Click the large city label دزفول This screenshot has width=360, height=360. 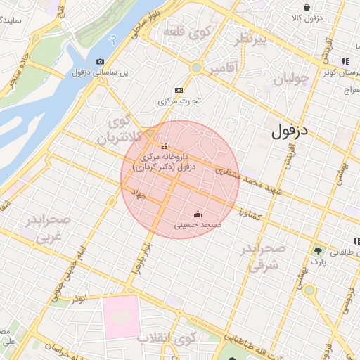click(x=290, y=130)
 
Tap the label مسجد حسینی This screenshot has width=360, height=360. click(x=198, y=224)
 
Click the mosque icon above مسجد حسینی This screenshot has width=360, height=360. click(x=198, y=214)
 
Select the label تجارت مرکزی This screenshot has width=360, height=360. click(x=179, y=101)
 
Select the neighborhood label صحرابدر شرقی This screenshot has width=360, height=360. click(x=264, y=258)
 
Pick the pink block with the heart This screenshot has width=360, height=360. click(x=121, y=317)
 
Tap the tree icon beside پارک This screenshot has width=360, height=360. click(x=319, y=250)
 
